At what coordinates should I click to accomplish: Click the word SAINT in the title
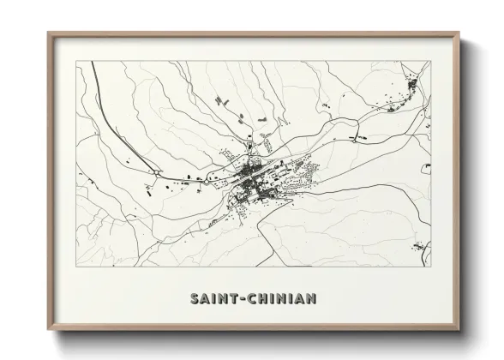coord(209,299)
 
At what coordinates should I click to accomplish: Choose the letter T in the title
coord(229,299)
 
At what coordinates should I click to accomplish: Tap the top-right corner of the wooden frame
coord(457,33)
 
